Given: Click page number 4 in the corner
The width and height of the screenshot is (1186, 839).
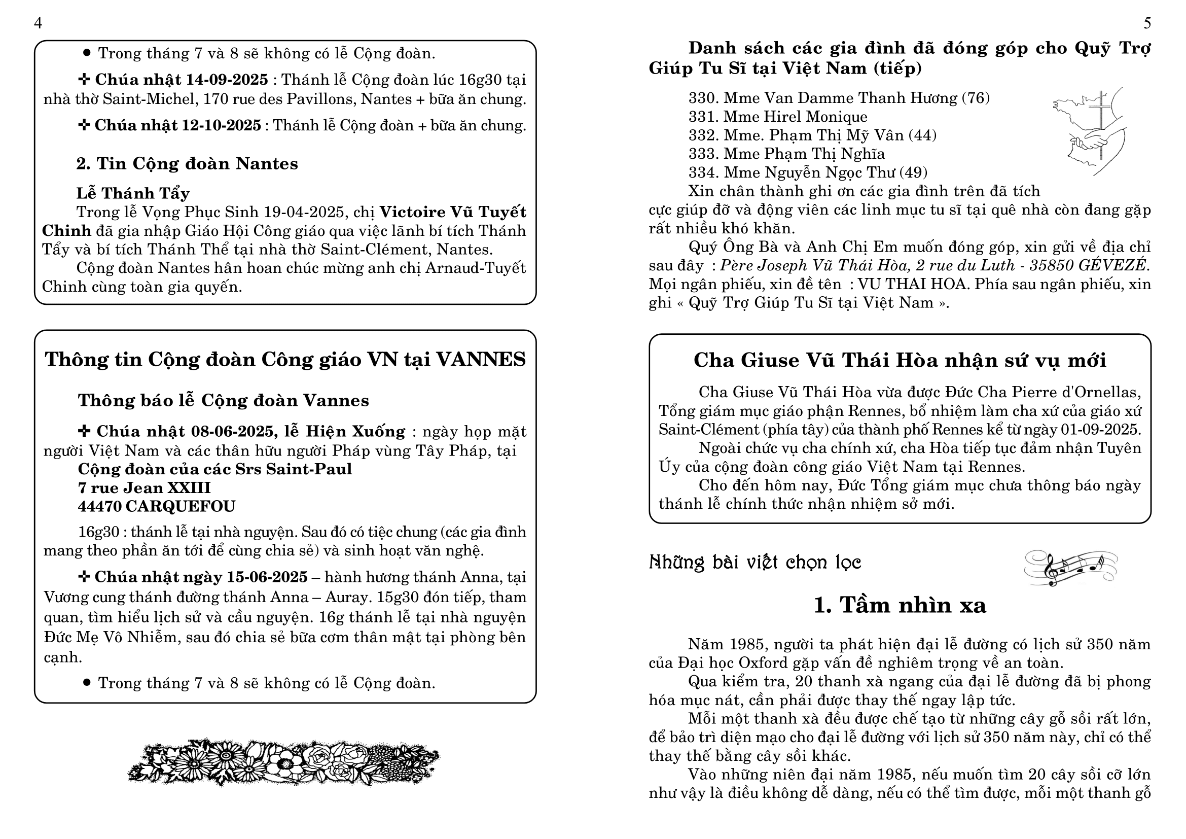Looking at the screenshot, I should pos(38,23).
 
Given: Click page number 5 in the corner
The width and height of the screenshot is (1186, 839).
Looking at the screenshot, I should pos(1147,23).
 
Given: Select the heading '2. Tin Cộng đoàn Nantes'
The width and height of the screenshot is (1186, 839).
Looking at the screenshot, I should pos(187,164).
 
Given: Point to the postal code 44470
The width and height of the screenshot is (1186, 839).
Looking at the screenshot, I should pos(99,506).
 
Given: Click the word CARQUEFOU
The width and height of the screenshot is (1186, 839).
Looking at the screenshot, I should pos(181,506).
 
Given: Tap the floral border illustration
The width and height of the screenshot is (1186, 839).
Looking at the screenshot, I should pos(283,761).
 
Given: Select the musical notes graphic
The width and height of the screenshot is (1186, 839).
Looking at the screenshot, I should pos(1070,568).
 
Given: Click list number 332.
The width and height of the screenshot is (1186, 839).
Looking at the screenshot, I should pos(704,135).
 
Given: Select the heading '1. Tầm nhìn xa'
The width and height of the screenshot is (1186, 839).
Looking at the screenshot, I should pos(900,605).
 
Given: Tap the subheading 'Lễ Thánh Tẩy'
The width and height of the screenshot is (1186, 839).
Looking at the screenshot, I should pos(133,193).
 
